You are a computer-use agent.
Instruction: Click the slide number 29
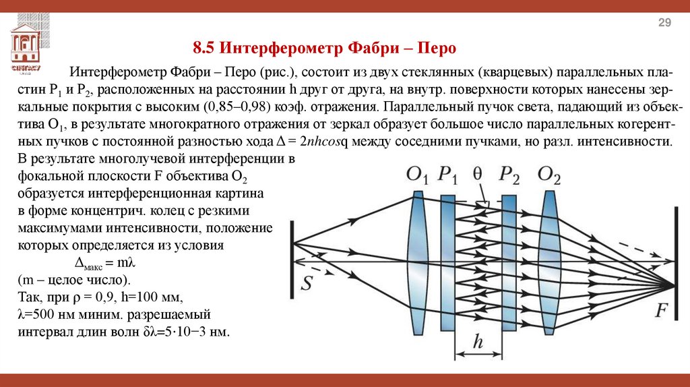[664, 24]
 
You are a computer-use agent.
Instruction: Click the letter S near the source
[307, 282]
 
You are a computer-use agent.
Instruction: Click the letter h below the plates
[478, 343]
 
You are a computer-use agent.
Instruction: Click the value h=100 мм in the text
[149, 297]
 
